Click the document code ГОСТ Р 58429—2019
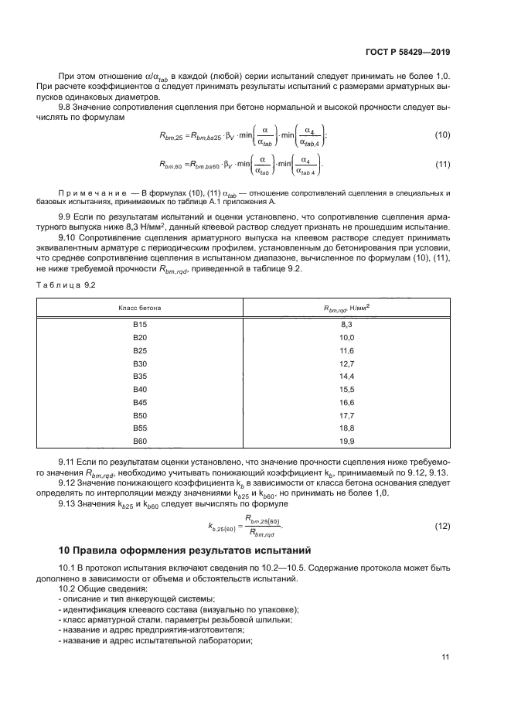click(408, 52)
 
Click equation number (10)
click(442, 135)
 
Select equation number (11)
click(442, 165)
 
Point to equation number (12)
click(442, 526)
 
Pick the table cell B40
click(140, 390)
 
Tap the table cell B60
click(140, 441)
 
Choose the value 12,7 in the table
click(346, 364)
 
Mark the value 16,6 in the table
click(346, 403)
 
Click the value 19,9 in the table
click(346, 441)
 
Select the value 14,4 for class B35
click(346, 377)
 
